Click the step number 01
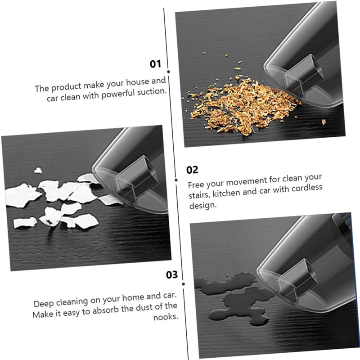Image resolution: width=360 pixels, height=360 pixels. click(x=155, y=64)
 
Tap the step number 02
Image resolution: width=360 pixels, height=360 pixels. click(x=192, y=170)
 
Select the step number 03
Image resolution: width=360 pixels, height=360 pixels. click(x=172, y=274)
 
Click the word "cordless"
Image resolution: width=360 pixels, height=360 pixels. click(x=307, y=189)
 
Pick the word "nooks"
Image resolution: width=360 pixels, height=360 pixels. click(x=166, y=317)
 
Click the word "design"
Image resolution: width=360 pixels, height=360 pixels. click(x=203, y=206)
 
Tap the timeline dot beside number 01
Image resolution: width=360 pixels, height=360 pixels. click(x=168, y=72)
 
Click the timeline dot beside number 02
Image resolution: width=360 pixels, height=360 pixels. click(x=176, y=180)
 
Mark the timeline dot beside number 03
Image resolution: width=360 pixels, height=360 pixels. click(x=183, y=284)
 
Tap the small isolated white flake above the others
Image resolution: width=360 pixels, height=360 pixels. click(x=38, y=171)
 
